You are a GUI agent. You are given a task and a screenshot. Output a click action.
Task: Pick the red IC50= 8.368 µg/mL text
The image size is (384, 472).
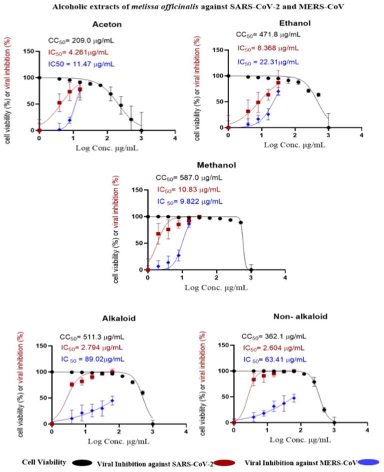pos(268,48)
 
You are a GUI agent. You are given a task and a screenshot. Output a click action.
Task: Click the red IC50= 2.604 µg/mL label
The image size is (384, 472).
pos(273,348)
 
